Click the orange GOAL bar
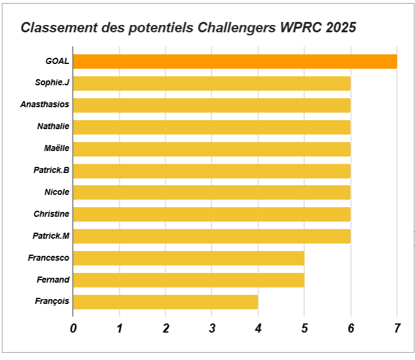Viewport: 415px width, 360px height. (x=235, y=62)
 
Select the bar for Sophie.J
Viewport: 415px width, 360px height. (x=211, y=83)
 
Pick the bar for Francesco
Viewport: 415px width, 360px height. (x=188, y=258)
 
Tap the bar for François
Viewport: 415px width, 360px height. (x=165, y=302)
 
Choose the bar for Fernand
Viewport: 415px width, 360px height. (x=188, y=280)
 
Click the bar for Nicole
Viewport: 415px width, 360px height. (x=211, y=192)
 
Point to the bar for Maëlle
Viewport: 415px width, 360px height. (x=211, y=149)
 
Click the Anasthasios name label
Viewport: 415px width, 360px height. (x=44, y=104)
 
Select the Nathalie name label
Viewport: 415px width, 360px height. (x=53, y=127)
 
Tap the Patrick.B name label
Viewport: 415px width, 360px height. (x=51, y=170)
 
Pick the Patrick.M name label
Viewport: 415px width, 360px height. (x=51, y=236)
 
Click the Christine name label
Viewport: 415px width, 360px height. (x=51, y=214)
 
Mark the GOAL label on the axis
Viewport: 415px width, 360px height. (x=57, y=61)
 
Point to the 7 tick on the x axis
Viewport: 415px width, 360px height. (x=397, y=328)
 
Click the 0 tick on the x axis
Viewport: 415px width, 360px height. (x=73, y=328)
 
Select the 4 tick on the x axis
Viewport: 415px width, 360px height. (x=258, y=328)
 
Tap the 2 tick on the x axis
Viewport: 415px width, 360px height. (x=166, y=328)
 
